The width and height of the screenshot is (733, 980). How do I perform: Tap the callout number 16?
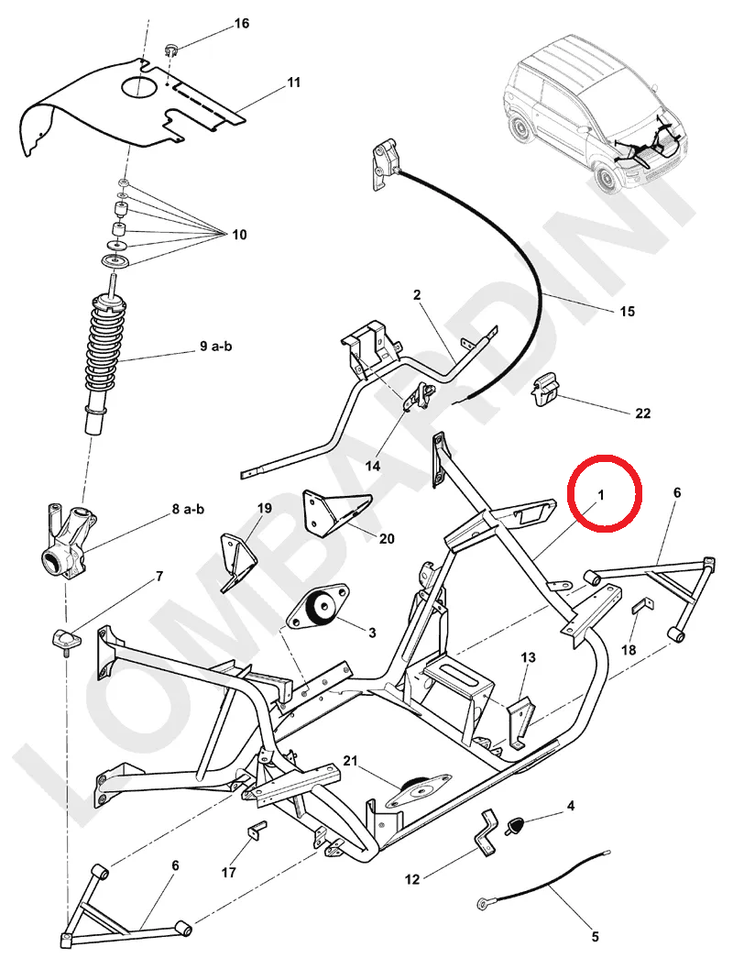tap(242, 23)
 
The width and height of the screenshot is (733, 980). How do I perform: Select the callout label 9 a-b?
tap(216, 347)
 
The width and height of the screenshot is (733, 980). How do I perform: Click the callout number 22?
tap(642, 413)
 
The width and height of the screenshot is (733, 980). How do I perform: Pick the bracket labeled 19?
tap(235, 555)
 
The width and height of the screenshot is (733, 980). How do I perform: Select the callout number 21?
tap(350, 761)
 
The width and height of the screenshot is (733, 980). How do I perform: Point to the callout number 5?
tap(595, 937)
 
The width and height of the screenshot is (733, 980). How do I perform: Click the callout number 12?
tap(412, 879)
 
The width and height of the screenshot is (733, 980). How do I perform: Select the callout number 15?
tap(627, 312)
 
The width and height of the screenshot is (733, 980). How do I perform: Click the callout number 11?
tap(293, 83)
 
